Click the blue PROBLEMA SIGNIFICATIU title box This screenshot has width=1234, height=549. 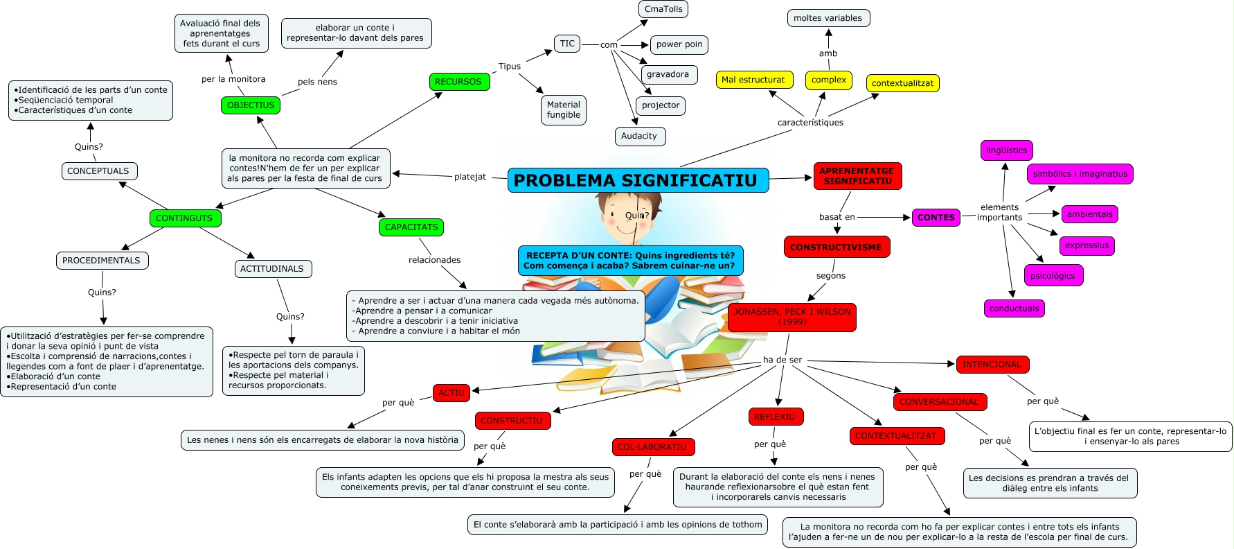pyautogui.click(x=638, y=180)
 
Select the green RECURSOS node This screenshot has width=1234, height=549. pyautogui.click(x=458, y=82)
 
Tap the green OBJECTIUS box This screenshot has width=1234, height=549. pyautogui.click(x=251, y=105)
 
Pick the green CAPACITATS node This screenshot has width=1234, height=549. pyautogui.click(x=411, y=227)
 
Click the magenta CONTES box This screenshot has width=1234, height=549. pyautogui.click(x=936, y=218)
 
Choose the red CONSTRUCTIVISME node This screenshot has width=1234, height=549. pyautogui.click(x=836, y=247)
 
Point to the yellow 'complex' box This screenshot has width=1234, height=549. pyautogui.click(x=828, y=80)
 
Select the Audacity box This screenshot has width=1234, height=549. pyautogui.click(x=639, y=137)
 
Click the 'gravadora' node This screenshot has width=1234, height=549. pyautogui.click(x=668, y=75)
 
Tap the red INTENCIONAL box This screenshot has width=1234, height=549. pyautogui.click(x=992, y=365)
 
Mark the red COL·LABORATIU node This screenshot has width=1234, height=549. pyautogui.click(x=652, y=447)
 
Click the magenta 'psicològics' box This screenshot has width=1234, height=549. pyautogui.click(x=1053, y=276)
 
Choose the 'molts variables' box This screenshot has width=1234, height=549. pyautogui.click(x=828, y=18)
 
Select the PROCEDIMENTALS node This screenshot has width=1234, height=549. pyautogui.click(x=101, y=261)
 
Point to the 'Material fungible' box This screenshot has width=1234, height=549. pyautogui.click(x=564, y=110)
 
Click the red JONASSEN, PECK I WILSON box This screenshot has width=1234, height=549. pyautogui.click(x=792, y=317)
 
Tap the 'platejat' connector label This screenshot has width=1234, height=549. pyautogui.click(x=470, y=177)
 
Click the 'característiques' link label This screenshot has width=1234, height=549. pyautogui.click(x=810, y=123)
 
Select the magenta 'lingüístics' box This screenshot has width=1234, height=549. pyautogui.click(x=1006, y=150)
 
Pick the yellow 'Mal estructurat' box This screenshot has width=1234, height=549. pyautogui.click(x=753, y=80)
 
